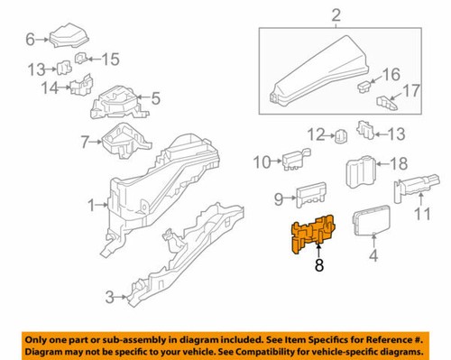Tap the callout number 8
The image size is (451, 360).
[318, 267]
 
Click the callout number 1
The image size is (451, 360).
[93, 207]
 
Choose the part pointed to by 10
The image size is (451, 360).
[294, 162]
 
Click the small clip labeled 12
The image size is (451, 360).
[342, 137]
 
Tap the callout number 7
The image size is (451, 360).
[86, 142]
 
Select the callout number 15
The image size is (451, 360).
[109, 60]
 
